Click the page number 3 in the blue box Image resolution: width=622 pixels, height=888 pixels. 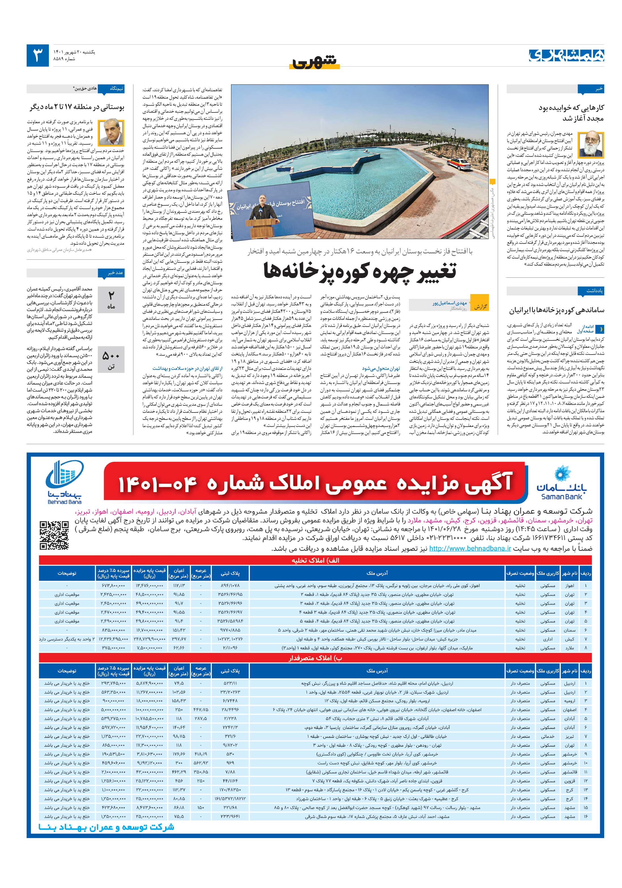click(38, 55)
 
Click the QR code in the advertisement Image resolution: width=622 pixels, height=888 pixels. click(54, 535)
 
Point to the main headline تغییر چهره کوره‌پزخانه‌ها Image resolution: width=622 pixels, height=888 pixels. click(360, 271)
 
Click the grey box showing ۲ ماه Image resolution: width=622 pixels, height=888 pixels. click(111, 300)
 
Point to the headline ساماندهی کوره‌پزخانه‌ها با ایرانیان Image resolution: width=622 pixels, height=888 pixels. click(556, 310)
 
